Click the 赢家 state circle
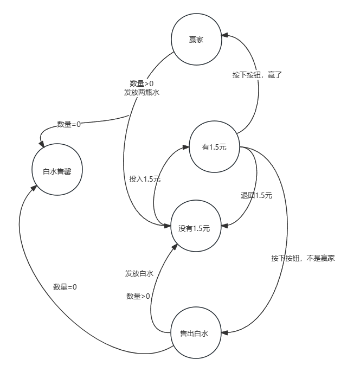coord(196,40)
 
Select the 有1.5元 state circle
coord(214,147)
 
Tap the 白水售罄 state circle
coord(57,170)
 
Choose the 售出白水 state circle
coord(194,333)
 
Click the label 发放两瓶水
coord(142,92)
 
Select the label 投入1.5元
coord(145,178)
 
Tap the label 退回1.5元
coord(256,195)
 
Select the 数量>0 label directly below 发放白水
coord(138,296)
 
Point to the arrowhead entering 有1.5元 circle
coord(186,145)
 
